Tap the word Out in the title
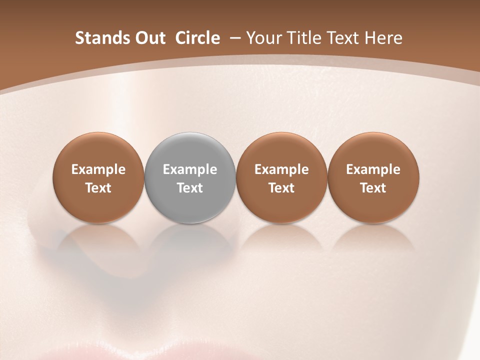(149, 38)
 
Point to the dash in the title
(234, 38)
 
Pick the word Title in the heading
(300, 38)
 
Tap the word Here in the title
(383, 38)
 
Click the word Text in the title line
(340, 38)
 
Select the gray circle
(190, 177)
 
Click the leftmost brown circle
(98, 177)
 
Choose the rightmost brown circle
(373, 177)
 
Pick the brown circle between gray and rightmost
(281, 177)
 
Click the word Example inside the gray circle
(190, 169)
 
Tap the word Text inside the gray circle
(190, 188)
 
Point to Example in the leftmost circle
(98, 169)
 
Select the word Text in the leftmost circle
(98, 188)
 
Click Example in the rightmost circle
(373, 169)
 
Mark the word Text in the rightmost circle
(373, 188)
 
